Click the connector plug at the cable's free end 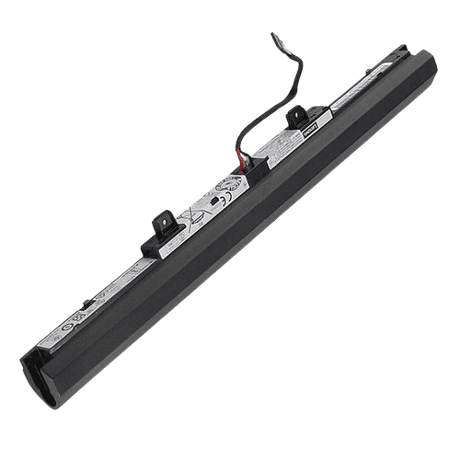[x=277, y=40]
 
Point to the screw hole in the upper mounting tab [x=297, y=115]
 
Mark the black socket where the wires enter [x=256, y=167]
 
